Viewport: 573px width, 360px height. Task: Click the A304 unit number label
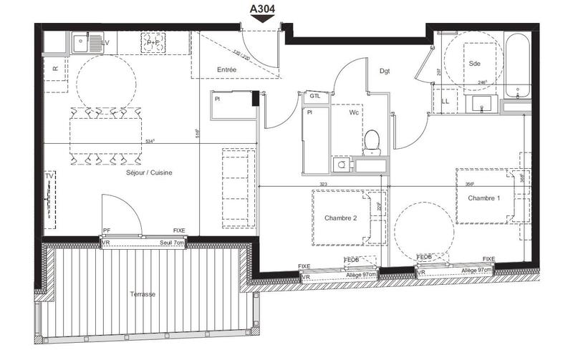tap(262, 9)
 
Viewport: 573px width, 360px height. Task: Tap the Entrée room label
tap(226, 69)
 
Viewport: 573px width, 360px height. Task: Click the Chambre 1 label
tap(484, 198)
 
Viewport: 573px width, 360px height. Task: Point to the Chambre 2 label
tap(340, 218)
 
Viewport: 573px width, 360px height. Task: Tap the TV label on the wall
tap(49, 175)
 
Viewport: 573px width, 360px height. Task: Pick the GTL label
tap(314, 96)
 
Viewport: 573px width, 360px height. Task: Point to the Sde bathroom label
tap(474, 63)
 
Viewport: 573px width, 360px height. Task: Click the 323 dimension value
tap(323, 184)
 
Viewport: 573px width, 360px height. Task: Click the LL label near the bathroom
tap(446, 102)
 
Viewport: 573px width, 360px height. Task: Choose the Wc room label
tap(354, 113)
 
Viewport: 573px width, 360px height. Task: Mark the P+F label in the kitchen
tap(152, 43)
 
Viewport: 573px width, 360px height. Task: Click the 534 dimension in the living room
tap(150, 141)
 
